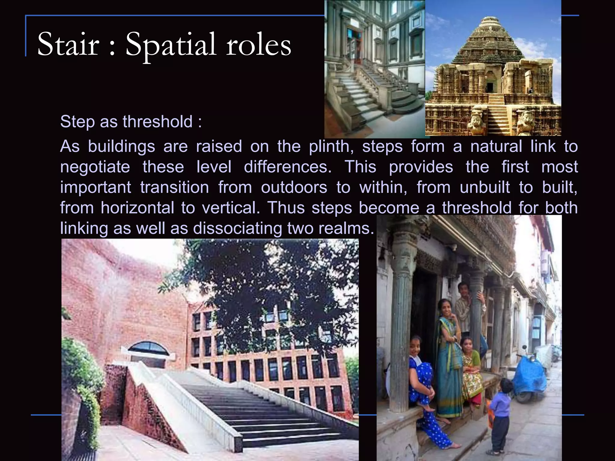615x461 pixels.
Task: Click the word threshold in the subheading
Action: (x=157, y=122)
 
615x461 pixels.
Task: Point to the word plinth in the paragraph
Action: (x=330, y=147)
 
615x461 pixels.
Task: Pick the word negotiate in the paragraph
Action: (x=95, y=167)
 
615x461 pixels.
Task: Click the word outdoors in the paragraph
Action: (x=294, y=188)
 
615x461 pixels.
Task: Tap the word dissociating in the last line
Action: (x=238, y=228)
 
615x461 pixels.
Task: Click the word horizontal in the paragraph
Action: (x=137, y=208)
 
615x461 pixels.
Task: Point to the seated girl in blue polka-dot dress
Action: (x=422, y=387)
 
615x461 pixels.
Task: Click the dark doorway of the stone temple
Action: (x=489, y=87)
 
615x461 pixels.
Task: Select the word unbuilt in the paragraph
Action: (x=485, y=188)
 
